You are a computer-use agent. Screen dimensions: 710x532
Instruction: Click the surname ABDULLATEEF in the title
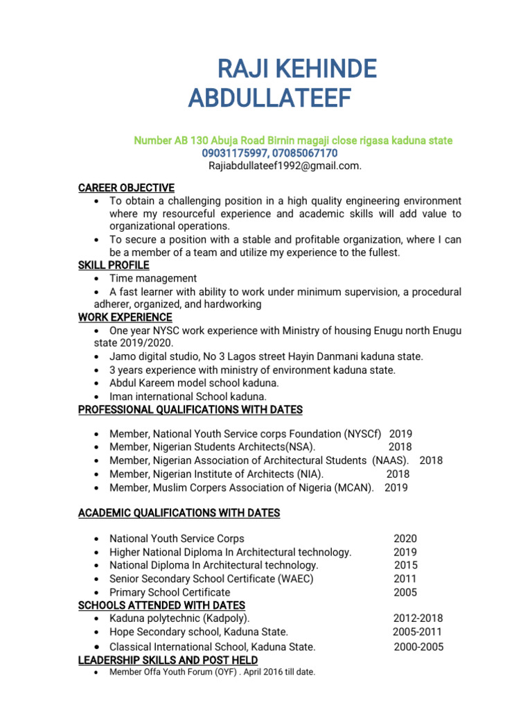click(x=269, y=99)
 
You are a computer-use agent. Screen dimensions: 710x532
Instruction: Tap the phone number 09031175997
click(x=234, y=153)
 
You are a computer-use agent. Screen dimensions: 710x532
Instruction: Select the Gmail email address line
click(x=285, y=166)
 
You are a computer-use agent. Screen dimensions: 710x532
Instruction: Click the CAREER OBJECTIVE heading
click(x=126, y=188)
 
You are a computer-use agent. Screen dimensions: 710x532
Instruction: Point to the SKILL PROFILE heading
click(x=114, y=265)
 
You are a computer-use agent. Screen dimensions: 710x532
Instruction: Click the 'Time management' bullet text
click(x=153, y=278)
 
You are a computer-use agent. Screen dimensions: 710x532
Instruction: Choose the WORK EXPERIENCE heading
click(x=125, y=317)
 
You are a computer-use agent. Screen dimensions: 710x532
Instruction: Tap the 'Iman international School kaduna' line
click(x=188, y=397)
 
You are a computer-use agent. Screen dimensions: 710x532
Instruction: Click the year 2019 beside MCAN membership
click(x=396, y=487)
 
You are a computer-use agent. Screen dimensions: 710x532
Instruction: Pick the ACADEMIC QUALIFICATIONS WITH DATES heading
click(x=179, y=513)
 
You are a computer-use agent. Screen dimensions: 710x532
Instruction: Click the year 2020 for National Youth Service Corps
click(x=405, y=539)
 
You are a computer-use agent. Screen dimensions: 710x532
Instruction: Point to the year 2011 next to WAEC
click(x=405, y=579)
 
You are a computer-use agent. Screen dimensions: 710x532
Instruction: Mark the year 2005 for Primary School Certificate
click(x=405, y=593)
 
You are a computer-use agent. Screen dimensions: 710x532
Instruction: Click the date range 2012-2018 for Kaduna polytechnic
click(x=418, y=618)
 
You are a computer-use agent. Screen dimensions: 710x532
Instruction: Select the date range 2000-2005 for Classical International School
click(x=418, y=647)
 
